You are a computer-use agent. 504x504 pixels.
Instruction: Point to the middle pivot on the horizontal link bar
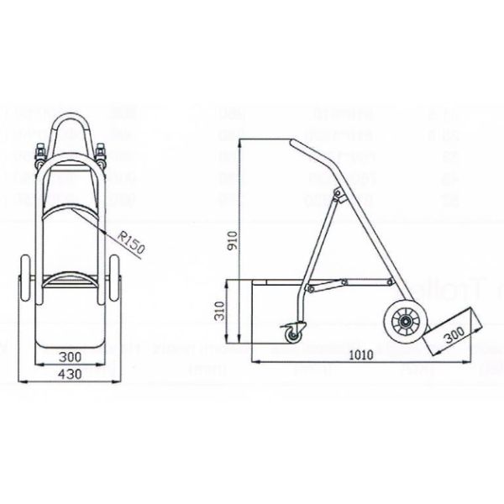(x=312, y=288)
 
